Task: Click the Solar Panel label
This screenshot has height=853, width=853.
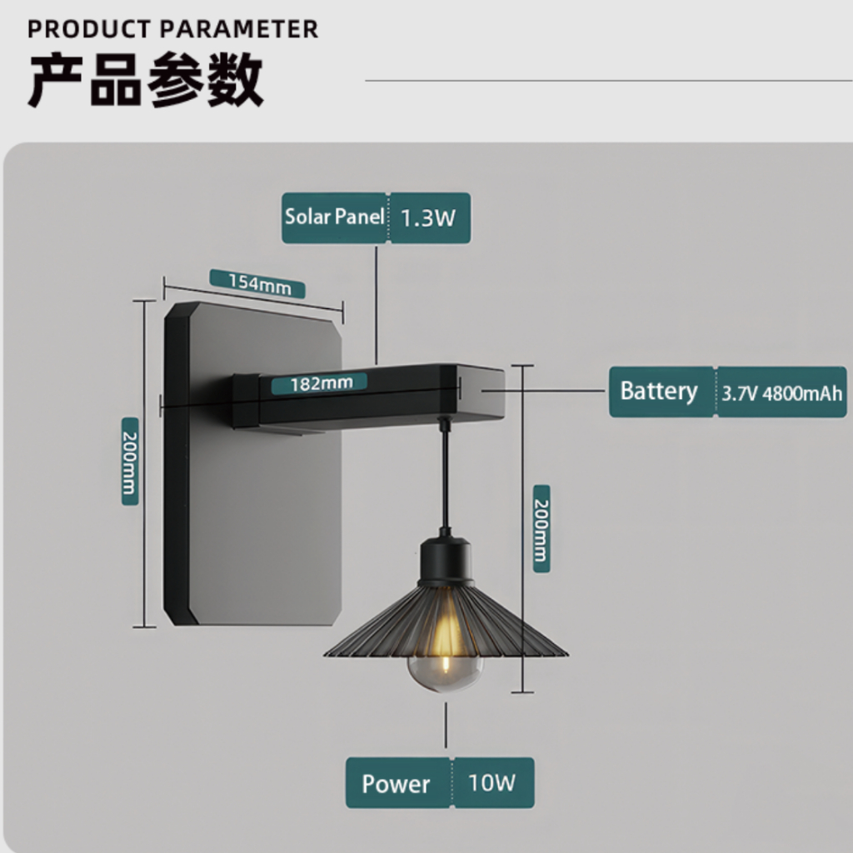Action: [x=335, y=217]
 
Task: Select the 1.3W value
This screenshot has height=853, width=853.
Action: [x=428, y=218]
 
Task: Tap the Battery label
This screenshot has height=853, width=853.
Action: [x=659, y=392]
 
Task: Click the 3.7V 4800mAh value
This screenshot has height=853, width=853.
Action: [x=781, y=393]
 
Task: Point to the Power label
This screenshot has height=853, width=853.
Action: [x=396, y=784]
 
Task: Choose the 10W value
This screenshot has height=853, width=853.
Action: [x=491, y=783]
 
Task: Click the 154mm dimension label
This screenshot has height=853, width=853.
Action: [x=259, y=283]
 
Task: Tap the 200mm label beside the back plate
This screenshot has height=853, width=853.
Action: [x=129, y=461]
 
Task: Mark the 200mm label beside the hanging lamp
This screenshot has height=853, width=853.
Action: [x=541, y=529]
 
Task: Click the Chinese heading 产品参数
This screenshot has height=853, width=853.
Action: [x=146, y=79]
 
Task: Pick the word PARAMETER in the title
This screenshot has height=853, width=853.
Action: [x=240, y=29]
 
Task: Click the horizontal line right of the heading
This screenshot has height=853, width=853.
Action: [x=609, y=81]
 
